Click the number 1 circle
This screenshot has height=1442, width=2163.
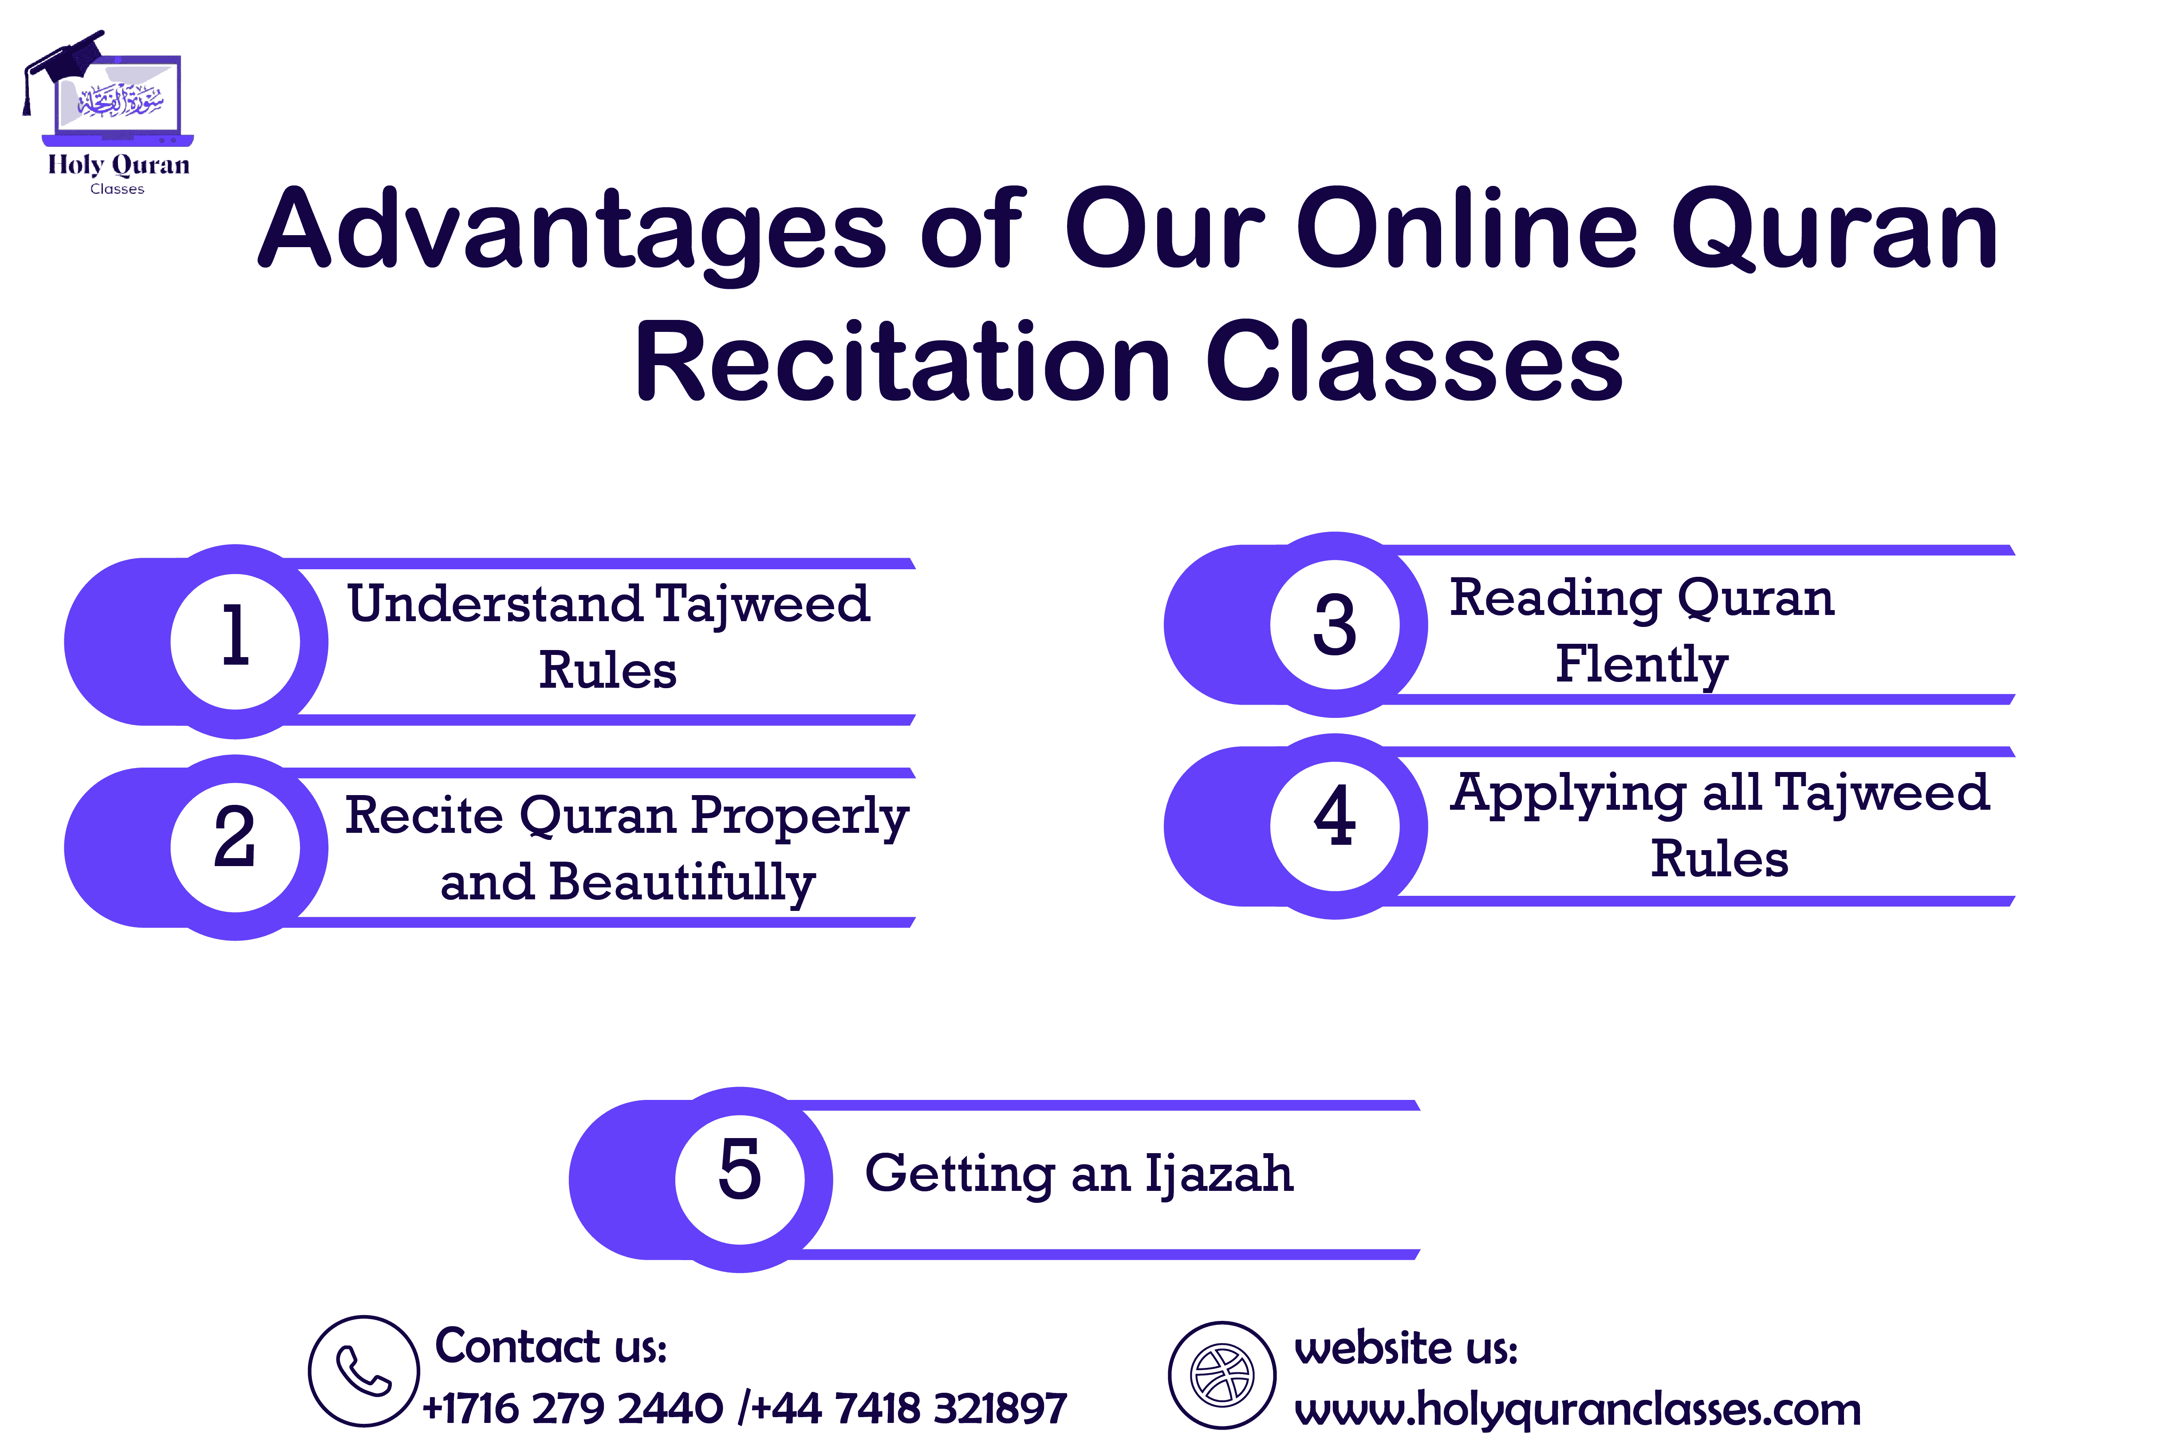(x=236, y=641)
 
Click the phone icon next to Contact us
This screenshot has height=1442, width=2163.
(x=364, y=1370)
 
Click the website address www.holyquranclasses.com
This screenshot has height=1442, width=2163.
(x=1577, y=1409)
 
